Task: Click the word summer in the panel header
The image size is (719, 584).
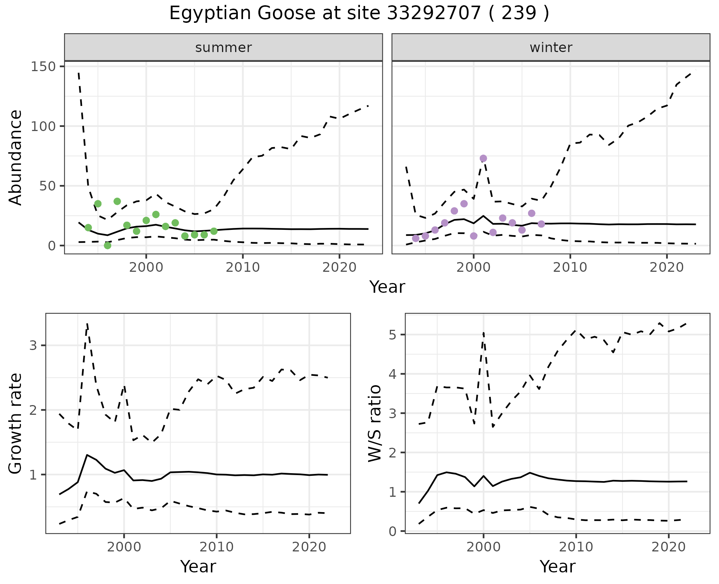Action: pos(224,48)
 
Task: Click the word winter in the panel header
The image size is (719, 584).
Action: pos(551,48)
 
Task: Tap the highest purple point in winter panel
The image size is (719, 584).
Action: pos(483,158)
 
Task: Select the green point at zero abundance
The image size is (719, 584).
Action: pos(107,246)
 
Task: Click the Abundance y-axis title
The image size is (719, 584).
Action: pos(16,158)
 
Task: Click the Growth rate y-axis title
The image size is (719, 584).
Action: pos(16,424)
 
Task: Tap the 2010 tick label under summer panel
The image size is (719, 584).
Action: pos(243,268)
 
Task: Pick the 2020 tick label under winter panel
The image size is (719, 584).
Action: pos(667,268)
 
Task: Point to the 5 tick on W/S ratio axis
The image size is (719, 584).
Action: pos(393,334)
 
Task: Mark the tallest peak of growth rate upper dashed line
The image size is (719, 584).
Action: pos(87,323)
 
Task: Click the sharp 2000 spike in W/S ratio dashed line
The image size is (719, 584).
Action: pos(483,332)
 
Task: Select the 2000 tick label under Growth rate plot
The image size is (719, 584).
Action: pos(124,547)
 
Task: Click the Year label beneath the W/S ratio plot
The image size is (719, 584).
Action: pos(557,567)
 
